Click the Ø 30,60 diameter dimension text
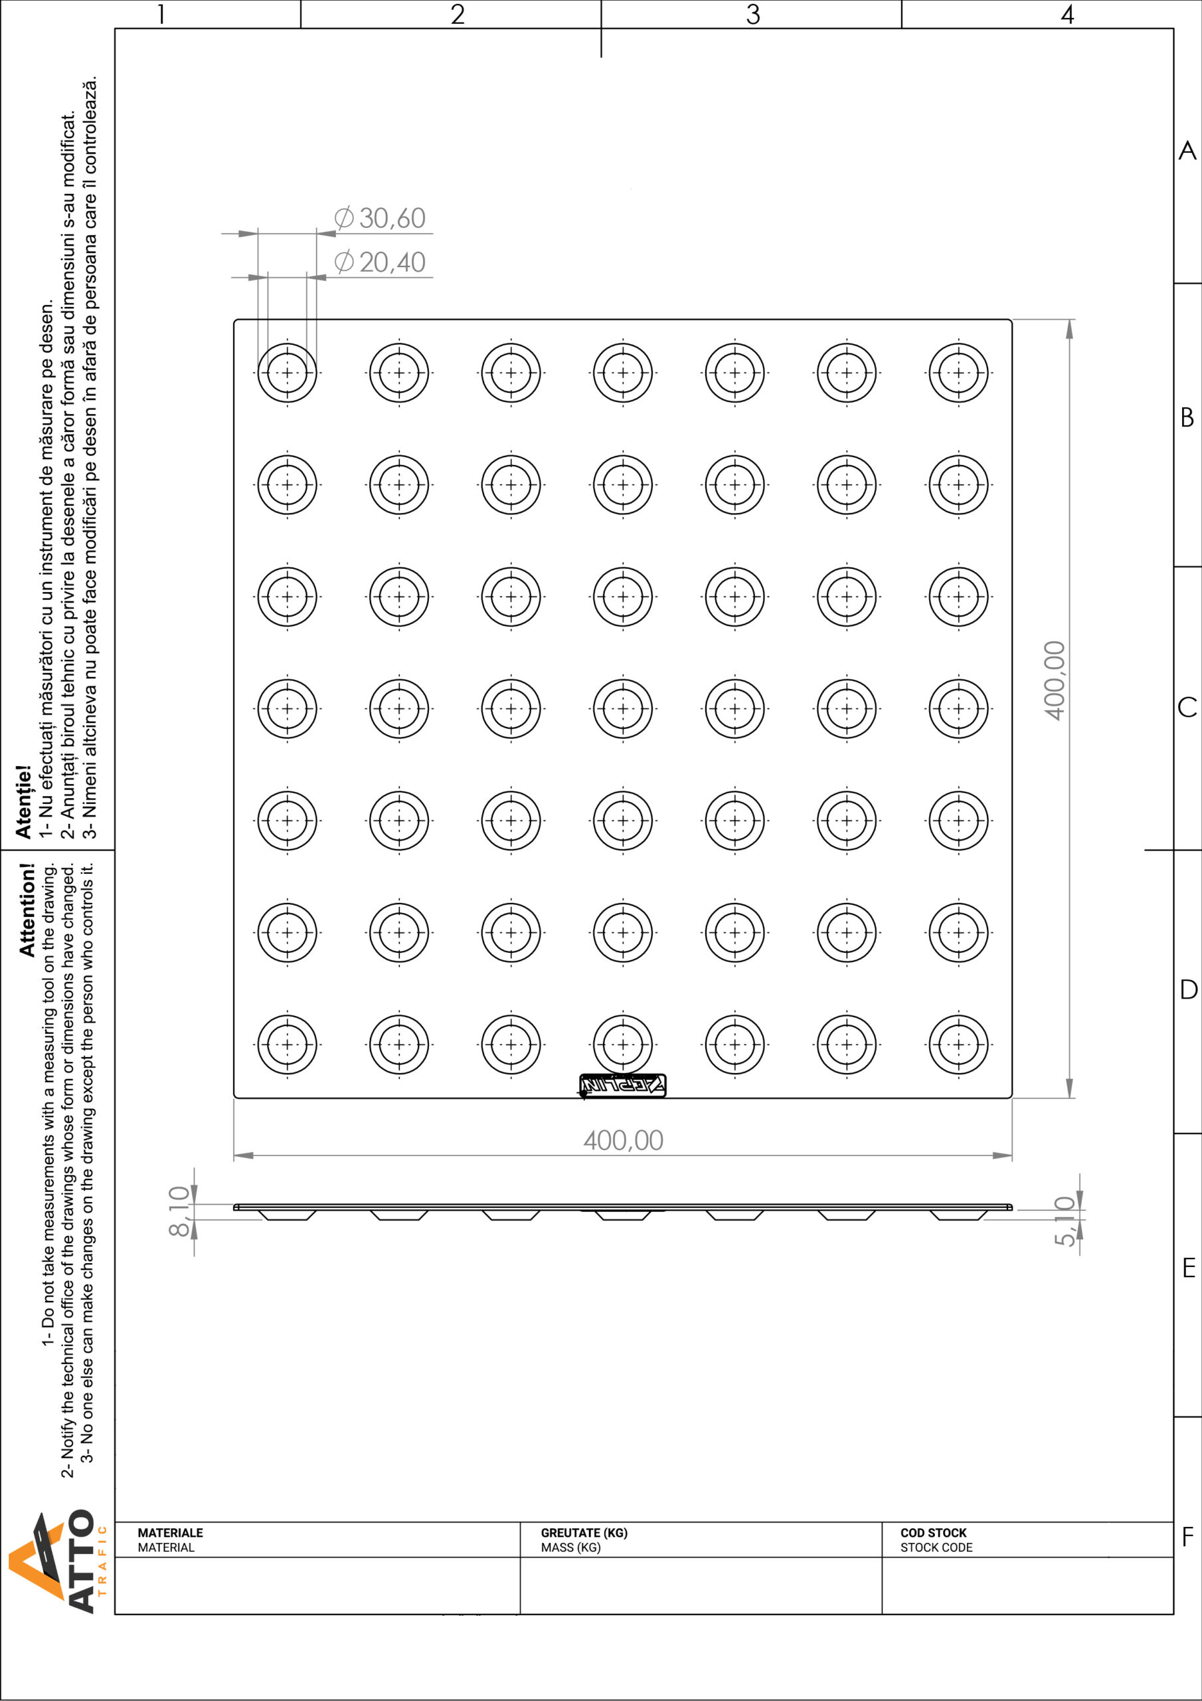click(x=380, y=218)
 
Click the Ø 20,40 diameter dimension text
click(x=380, y=262)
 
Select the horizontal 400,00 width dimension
click(x=623, y=1140)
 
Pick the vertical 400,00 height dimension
click(x=1054, y=680)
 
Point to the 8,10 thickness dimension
click(x=179, y=1211)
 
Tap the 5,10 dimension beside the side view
click(x=1065, y=1221)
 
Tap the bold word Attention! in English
click(x=27, y=910)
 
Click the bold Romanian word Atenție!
click(x=23, y=801)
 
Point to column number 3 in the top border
click(x=752, y=14)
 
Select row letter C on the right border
click(x=1187, y=707)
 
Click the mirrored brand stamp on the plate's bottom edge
click(x=623, y=1085)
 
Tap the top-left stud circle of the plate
click(x=288, y=373)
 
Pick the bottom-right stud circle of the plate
click(x=958, y=1045)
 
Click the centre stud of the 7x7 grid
click(x=623, y=708)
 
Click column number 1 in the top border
click(x=161, y=14)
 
